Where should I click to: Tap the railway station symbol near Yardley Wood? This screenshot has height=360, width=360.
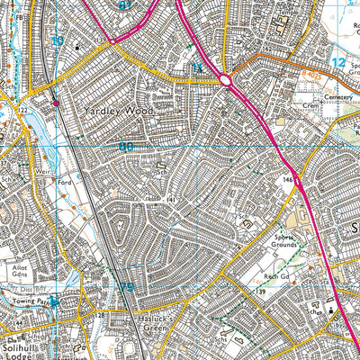pos(57,103)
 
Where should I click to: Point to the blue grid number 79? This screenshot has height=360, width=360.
pos(127,286)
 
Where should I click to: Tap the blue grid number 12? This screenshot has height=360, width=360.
pos(337,62)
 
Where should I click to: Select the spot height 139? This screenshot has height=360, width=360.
pos(263,293)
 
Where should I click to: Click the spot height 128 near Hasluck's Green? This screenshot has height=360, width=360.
pos(101,317)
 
